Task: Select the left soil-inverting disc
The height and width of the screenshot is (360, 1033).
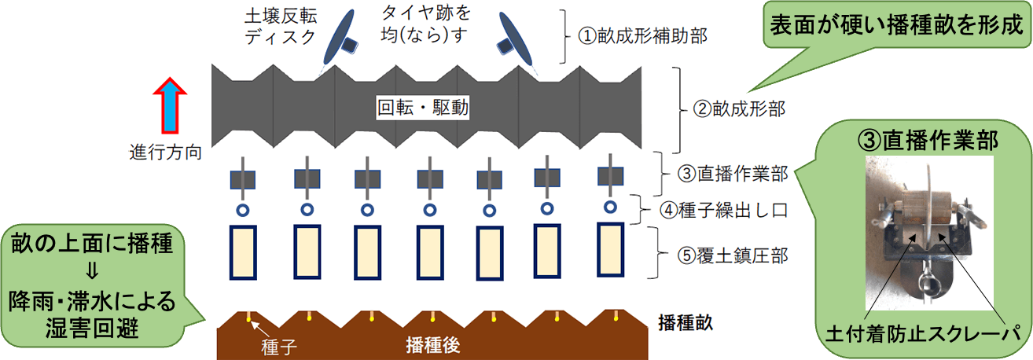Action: point(340,39)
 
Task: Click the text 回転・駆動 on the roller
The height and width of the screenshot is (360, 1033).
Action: point(423,108)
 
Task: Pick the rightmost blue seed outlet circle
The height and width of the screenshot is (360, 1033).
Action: point(609,207)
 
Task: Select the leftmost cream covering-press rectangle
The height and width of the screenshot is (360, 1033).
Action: point(244,252)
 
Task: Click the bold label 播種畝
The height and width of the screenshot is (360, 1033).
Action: point(685,323)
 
